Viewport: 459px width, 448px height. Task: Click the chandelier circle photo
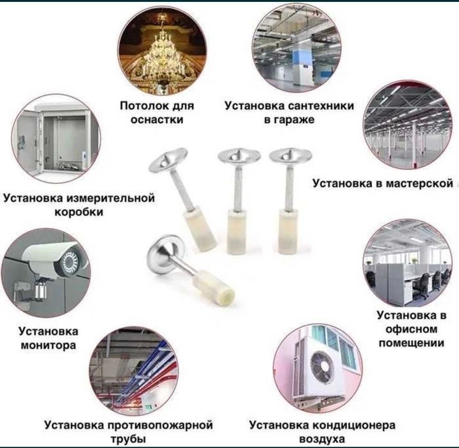(x=162, y=51)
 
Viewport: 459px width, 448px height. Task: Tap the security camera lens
(x=70, y=261)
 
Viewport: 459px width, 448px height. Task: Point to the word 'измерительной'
(x=111, y=198)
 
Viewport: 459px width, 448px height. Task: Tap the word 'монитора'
(x=48, y=345)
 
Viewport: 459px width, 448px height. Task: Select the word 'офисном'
(x=411, y=329)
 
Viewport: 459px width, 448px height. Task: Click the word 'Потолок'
(x=141, y=106)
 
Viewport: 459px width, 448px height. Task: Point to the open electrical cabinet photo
(x=56, y=138)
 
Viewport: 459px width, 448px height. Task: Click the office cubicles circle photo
(x=407, y=263)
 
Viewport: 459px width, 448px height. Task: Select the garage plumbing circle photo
(x=296, y=48)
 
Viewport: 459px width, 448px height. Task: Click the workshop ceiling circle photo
(x=408, y=125)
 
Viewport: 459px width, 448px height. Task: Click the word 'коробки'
(x=79, y=212)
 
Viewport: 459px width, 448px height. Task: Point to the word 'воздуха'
(x=322, y=439)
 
